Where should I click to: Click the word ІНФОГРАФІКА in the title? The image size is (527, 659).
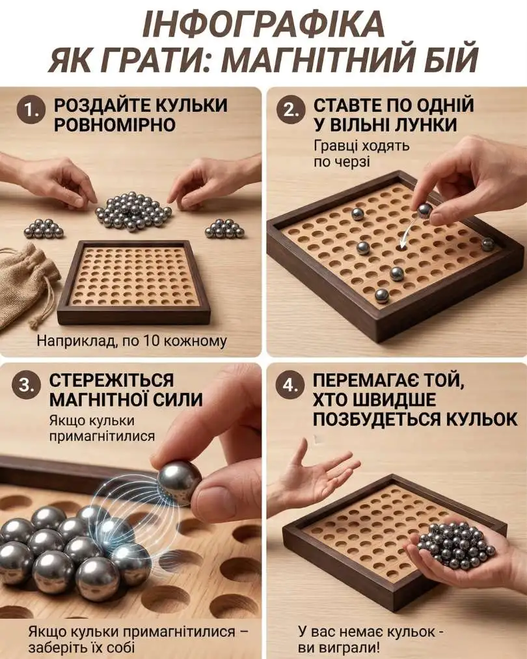coord(263,24)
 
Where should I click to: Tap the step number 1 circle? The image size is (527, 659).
coord(31,110)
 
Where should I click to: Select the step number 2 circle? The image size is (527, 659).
coord(290,110)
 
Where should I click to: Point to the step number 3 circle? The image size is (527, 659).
coord(26,385)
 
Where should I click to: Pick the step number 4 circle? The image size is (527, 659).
coord(290,385)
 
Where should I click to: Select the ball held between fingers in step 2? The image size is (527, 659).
coord(424,211)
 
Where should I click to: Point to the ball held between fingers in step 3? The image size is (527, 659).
coord(180,483)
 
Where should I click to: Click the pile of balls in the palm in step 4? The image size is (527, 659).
coord(455,545)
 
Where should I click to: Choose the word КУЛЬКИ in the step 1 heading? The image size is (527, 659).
coord(191,105)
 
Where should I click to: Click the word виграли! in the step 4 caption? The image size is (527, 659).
coord(351,647)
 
